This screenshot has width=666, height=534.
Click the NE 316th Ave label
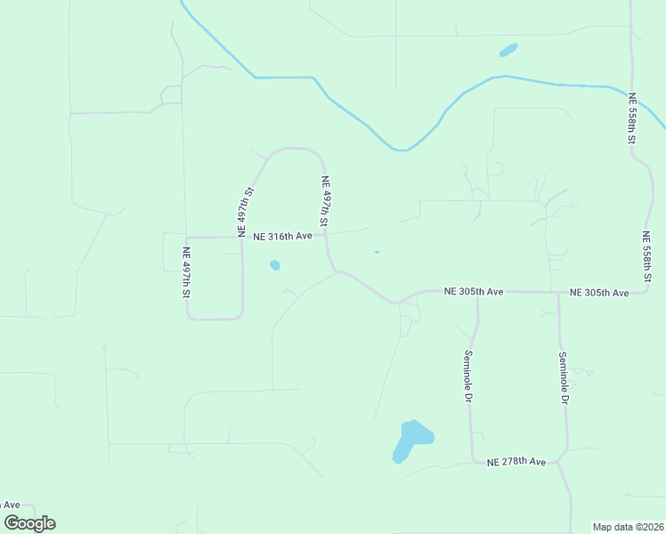(x=282, y=237)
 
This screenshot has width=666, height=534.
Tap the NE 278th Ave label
(x=516, y=462)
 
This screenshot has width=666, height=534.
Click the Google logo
(x=29, y=523)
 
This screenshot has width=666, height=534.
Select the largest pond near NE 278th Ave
(x=410, y=441)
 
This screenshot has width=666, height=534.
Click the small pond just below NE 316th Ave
(x=274, y=264)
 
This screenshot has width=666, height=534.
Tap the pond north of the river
(x=508, y=50)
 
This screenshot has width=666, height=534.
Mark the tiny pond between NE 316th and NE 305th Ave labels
(x=377, y=253)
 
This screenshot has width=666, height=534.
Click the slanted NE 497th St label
(x=247, y=211)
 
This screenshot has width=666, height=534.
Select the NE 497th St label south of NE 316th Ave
(x=187, y=272)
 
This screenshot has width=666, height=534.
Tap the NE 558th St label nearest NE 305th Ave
(x=647, y=257)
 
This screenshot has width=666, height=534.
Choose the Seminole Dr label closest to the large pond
(x=467, y=376)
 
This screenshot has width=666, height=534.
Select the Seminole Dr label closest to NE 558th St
(x=563, y=378)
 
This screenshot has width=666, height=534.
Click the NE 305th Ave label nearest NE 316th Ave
(x=474, y=292)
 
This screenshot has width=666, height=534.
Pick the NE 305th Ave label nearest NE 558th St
(x=599, y=293)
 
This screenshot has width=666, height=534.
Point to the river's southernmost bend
(x=402, y=150)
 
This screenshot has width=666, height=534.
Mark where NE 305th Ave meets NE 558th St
(x=657, y=291)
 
